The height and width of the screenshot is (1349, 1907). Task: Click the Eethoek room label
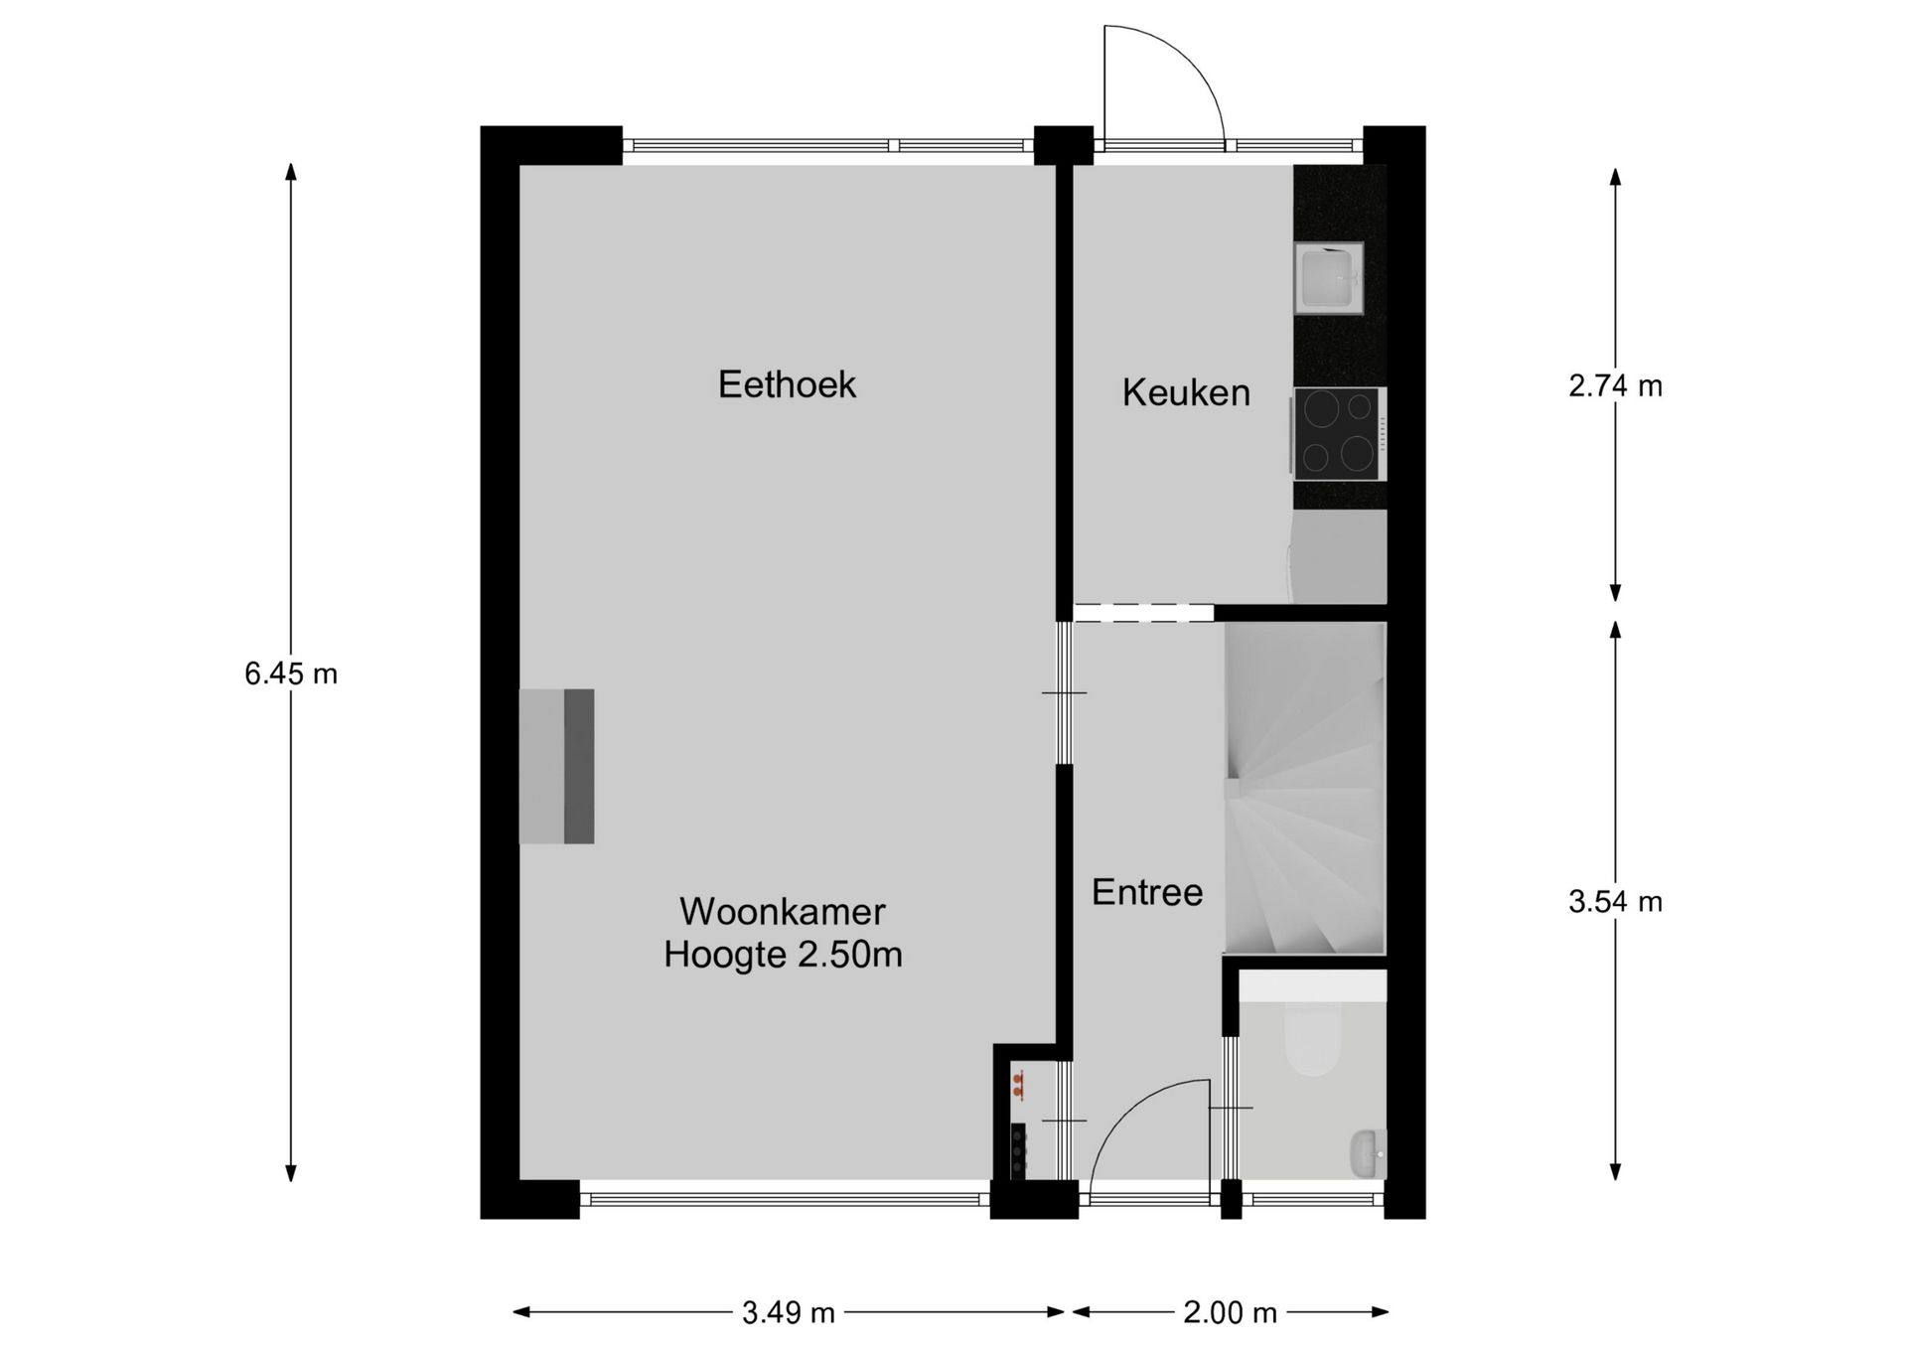pyautogui.click(x=787, y=384)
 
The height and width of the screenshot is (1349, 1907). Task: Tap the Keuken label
pyautogui.click(x=1186, y=392)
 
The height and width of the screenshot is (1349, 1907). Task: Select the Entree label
pyautogui.click(x=1147, y=892)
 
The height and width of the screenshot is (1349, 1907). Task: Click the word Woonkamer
pyautogui.click(x=783, y=911)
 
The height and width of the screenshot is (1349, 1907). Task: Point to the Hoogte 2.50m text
pyautogui.click(x=783, y=955)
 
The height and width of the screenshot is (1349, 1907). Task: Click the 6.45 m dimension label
pyautogui.click(x=291, y=674)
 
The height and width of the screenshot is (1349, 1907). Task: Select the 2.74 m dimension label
pyautogui.click(x=1615, y=385)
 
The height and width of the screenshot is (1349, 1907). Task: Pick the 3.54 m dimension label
pyautogui.click(x=1615, y=902)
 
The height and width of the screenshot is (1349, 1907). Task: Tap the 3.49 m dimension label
pyautogui.click(x=789, y=1313)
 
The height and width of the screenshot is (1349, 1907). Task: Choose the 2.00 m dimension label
pyautogui.click(x=1230, y=1313)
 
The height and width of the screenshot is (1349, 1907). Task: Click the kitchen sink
pyautogui.click(x=1328, y=278)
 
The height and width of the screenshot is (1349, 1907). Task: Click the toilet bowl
pyautogui.click(x=1312, y=1037)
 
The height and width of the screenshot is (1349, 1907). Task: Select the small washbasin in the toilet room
pyautogui.click(x=1369, y=1153)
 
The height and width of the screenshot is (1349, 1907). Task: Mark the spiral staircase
pyautogui.click(x=1305, y=788)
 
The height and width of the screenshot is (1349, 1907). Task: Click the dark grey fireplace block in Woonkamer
pyautogui.click(x=579, y=767)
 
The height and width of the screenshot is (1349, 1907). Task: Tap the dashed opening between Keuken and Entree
pyautogui.click(x=1144, y=613)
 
